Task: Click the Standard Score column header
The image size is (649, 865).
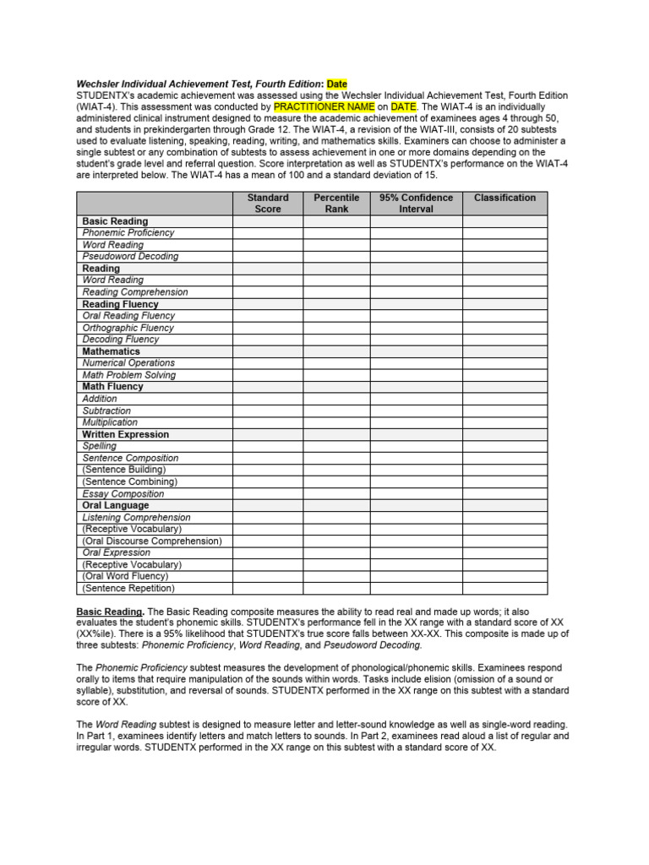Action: [267, 203]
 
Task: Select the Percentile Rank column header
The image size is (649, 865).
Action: [335, 203]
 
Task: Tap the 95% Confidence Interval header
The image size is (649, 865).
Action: [416, 203]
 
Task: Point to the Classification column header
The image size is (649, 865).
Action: [504, 198]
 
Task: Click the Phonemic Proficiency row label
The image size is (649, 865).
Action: [128, 232]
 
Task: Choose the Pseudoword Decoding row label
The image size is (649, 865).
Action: [130, 256]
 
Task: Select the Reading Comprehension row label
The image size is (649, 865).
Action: [135, 292]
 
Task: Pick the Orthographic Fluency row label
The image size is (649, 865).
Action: [128, 328]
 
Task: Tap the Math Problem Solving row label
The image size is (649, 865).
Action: [129, 375]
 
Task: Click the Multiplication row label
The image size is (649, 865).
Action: [110, 422]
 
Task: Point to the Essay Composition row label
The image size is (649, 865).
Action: [123, 494]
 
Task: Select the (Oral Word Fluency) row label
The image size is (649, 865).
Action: [127, 576]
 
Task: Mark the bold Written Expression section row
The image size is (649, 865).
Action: [125, 434]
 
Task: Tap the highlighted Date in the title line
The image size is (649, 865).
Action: [337, 84]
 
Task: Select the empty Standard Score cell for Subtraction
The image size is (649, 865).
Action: [267, 411]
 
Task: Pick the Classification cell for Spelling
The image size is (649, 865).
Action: [504, 446]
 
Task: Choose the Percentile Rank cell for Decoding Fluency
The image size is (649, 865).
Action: [335, 340]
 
